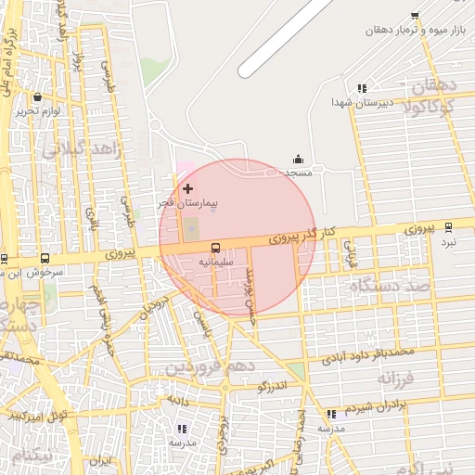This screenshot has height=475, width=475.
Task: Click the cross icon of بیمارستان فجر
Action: click(188, 188)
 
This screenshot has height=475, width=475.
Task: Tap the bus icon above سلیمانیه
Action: click(216, 248)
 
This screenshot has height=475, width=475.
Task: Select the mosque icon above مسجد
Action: click(298, 160)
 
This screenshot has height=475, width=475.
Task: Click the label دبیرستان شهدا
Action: click(366, 101)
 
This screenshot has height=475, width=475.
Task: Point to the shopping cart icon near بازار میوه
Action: click(414, 16)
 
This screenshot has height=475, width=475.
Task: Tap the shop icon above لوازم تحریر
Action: click(37, 96)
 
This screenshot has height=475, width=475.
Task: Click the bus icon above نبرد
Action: click(449, 226)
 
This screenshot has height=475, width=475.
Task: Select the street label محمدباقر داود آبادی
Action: click(367, 353)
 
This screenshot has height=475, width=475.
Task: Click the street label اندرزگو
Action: click(276, 383)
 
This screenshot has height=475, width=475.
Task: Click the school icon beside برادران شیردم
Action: click(330, 414)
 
